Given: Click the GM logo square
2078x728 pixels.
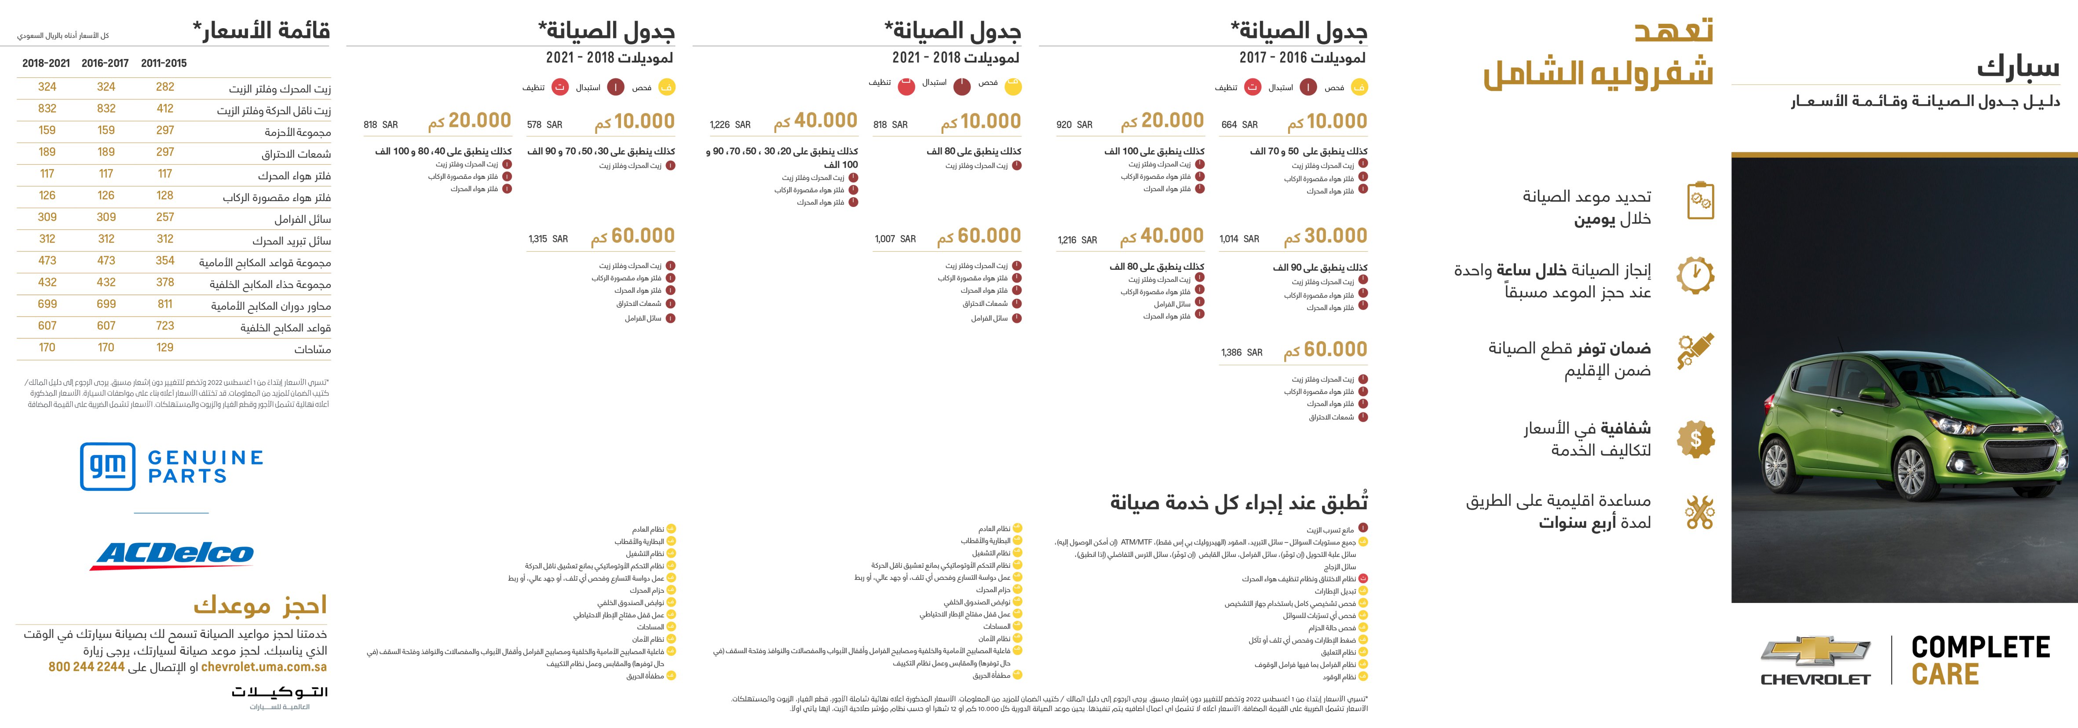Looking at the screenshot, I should coord(107,466).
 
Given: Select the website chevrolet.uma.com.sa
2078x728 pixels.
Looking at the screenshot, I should coord(264,667).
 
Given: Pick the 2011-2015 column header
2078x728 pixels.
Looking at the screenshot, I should coord(164,63).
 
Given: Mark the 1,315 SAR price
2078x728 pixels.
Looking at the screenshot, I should coord(548,239).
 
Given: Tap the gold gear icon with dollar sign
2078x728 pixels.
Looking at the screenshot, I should coord(1696,439).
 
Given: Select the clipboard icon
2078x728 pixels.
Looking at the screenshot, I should coord(1701,201).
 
